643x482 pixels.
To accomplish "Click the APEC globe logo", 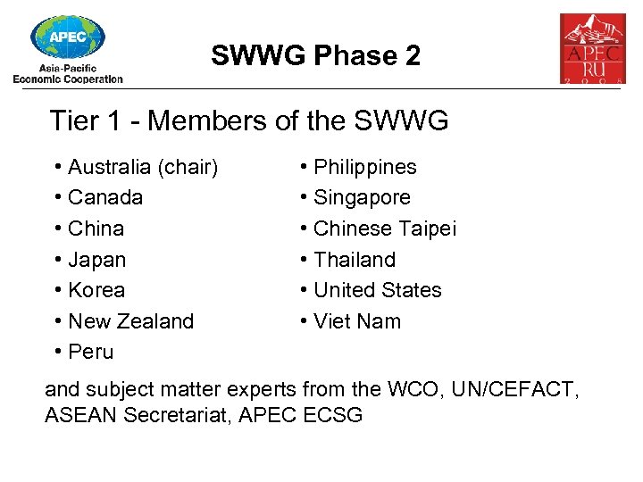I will pyautogui.click(x=67, y=37).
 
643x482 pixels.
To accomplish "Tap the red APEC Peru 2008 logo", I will pyautogui.click(x=592, y=48).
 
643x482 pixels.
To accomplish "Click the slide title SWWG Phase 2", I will pyautogui.click(x=315, y=56).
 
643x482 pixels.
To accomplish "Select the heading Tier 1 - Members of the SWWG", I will pyautogui.click(x=249, y=120).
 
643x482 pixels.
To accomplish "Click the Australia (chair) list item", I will pyautogui.click(x=143, y=167).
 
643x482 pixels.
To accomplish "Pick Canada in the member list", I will pyautogui.click(x=105, y=197).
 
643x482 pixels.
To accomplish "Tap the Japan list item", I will pyautogui.click(x=96, y=260).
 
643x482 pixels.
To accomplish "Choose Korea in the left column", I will pyautogui.click(x=96, y=290).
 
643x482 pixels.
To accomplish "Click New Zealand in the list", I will pyautogui.click(x=130, y=321).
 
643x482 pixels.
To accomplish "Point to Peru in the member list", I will pyautogui.click(x=91, y=352).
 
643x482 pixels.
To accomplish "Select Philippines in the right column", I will pyautogui.click(x=365, y=167).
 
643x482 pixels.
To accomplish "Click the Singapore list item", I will pyautogui.click(x=362, y=197).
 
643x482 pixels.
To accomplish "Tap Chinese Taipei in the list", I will pyautogui.click(x=385, y=229).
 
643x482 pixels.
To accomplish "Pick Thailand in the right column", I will pyautogui.click(x=355, y=260).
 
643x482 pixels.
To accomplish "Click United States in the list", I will pyautogui.click(x=378, y=290).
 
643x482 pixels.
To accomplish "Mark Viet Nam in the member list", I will pyautogui.click(x=357, y=321).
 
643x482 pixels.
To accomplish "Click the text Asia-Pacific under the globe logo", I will pyautogui.click(x=68, y=68).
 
